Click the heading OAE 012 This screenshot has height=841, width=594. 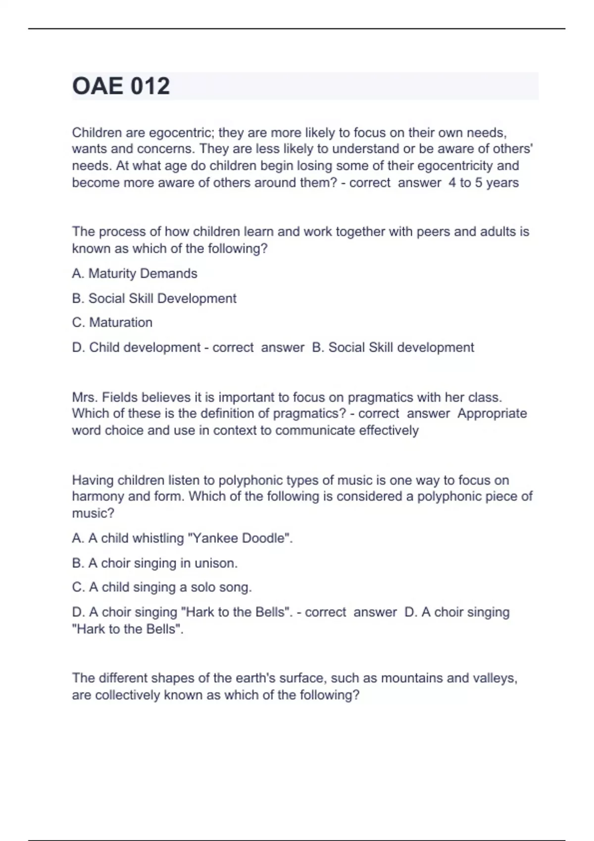tap(121, 86)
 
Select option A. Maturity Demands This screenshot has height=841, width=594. tap(135, 274)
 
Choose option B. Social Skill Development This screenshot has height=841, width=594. tap(154, 298)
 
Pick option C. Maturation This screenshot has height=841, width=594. tap(112, 323)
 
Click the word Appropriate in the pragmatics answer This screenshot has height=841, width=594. tap(492, 414)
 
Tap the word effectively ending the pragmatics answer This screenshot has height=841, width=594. tap(389, 430)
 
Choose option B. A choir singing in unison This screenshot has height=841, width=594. tap(154, 563)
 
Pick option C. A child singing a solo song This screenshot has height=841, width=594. tap(162, 587)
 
